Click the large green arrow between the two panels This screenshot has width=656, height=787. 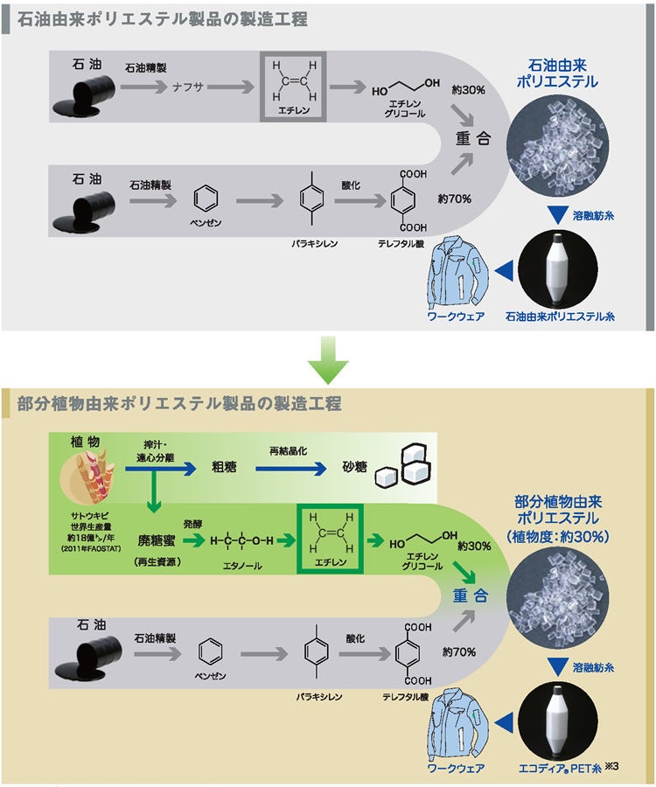[x=328, y=361]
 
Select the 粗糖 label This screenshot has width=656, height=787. [x=221, y=468]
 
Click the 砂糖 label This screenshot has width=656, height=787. [x=354, y=468]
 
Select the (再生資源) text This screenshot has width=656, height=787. [x=157, y=561]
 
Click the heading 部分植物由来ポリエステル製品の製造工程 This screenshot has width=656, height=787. [x=179, y=404]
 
